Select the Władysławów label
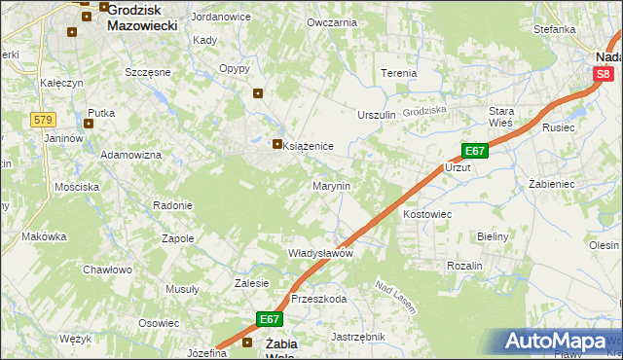coord(319,252)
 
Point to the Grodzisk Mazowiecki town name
coord(142,17)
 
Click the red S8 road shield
coord(604,73)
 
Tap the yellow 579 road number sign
coord(42,120)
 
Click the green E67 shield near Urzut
coord(473,151)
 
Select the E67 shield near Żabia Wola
coord(270,319)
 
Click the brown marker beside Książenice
coord(277,145)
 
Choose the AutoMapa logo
coord(560,341)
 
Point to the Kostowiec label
coord(427,213)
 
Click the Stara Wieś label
coord(501,117)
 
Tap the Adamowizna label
coord(130,156)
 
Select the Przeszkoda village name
coord(318,300)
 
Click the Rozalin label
coord(464,266)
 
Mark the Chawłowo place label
coord(107,270)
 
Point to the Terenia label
coord(398,73)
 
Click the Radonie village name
coord(172,205)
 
